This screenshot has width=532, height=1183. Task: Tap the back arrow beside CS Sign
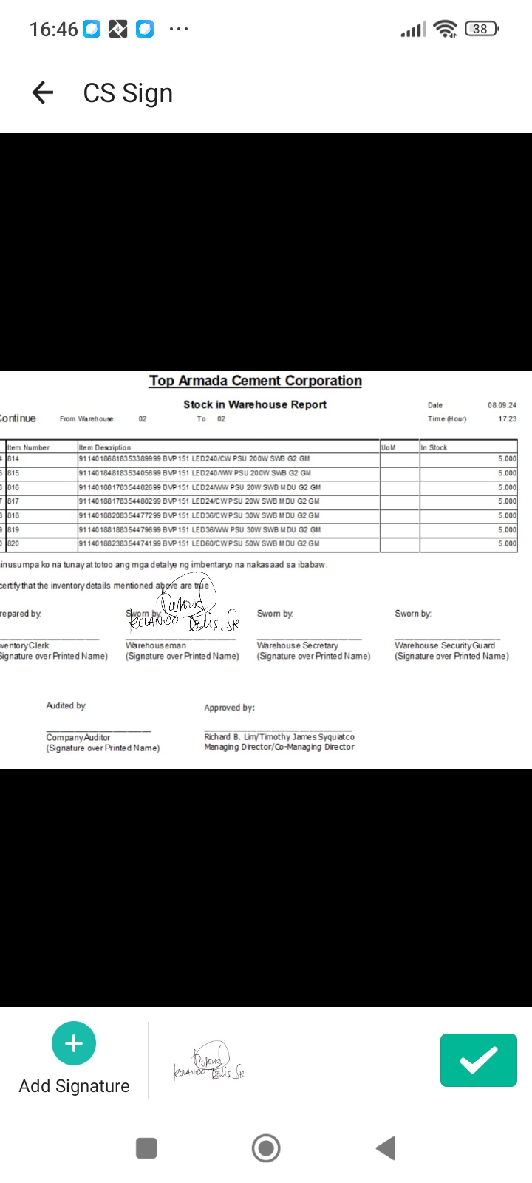43,92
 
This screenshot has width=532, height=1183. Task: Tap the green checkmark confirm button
478,1060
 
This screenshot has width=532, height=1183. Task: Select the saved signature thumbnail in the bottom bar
209,1062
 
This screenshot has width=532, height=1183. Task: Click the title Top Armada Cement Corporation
255,381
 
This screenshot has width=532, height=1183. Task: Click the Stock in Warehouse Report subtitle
255,404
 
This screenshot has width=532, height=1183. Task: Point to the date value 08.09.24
502,405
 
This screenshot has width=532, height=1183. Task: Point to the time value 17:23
507,419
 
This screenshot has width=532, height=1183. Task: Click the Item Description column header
105,447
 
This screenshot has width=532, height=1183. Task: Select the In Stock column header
434,447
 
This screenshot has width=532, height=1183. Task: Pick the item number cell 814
14,459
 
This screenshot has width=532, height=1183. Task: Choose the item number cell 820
14,543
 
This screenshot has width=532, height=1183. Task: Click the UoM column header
389,447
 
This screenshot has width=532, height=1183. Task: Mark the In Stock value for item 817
507,501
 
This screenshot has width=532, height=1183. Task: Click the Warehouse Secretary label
297,645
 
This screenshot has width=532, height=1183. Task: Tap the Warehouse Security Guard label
445,645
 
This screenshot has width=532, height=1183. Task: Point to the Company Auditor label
78,737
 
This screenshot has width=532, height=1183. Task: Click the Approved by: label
229,708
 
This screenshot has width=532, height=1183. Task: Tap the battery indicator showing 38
481,29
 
